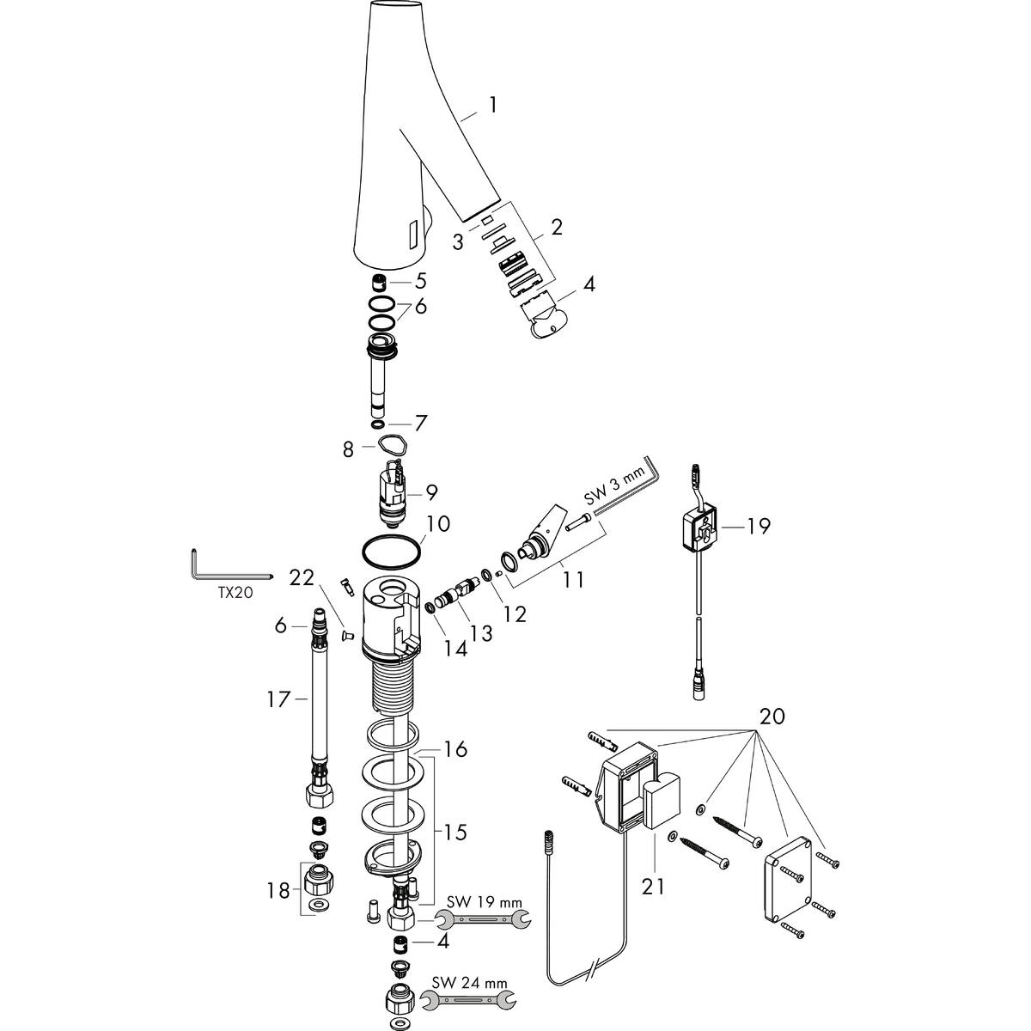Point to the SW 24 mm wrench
(x=469, y=997)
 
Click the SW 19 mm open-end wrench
(x=484, y=919)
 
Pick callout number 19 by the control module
(x=758, y=527)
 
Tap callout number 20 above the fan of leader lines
(x=772, y=716)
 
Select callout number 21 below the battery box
(x=653, y=887)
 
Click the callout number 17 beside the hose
(x=278, y=699)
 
